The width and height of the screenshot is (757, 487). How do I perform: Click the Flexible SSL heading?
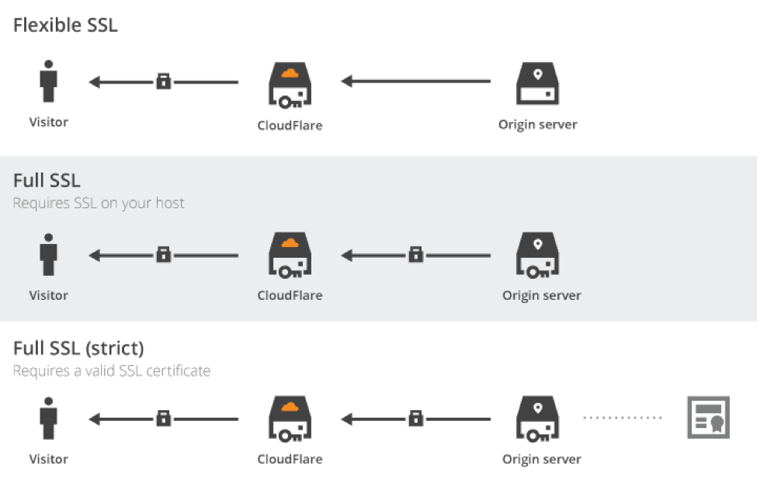65,25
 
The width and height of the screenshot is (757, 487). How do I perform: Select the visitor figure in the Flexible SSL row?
49,82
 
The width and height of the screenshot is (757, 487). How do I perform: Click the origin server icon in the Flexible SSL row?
537,84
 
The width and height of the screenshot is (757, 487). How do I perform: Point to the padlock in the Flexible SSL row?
163,81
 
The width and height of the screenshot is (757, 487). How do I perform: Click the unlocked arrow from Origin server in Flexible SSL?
416,81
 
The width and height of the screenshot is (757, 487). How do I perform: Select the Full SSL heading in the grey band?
47,181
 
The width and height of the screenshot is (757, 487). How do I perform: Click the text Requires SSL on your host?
99,203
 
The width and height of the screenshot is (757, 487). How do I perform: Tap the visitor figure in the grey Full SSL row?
49,254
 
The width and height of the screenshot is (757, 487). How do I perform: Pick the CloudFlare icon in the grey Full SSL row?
289,256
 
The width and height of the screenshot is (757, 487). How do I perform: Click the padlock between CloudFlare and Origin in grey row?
416,254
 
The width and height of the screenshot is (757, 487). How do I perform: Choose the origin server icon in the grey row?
537,256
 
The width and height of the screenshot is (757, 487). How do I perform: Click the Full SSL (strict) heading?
78,347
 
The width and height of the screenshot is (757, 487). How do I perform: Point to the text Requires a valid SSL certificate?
112,370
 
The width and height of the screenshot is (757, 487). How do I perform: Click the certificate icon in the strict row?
707,418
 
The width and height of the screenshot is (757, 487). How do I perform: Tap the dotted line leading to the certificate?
623,419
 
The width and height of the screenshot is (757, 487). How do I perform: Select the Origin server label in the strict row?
541,459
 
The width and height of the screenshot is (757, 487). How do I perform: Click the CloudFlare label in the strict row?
290,459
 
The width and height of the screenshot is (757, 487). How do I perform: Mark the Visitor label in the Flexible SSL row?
49,122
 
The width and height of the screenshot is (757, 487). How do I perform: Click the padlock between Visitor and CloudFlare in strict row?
163,418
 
